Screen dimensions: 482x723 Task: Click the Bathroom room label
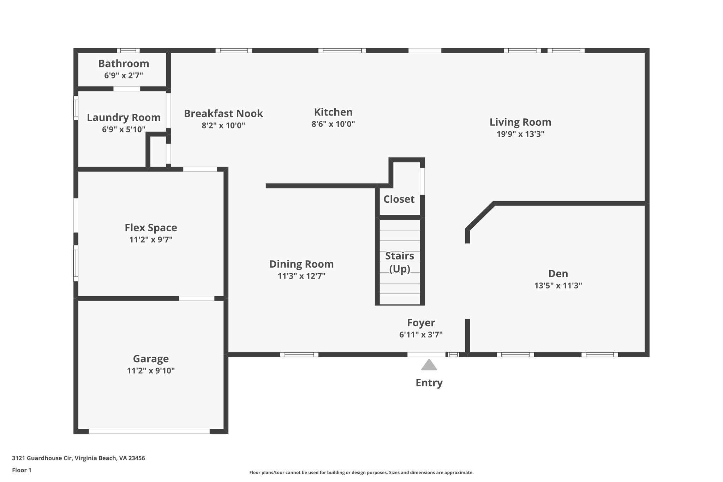click(124, 64)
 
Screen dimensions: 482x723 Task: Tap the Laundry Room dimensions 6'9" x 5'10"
click(124, 130)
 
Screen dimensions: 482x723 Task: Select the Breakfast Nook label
click(223, 114)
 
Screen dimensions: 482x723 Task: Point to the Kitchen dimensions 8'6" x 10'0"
click(333, 124)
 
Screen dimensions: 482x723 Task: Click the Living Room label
click(520, 122)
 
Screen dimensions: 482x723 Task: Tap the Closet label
click(399, 199)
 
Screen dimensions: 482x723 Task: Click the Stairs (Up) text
click(400, 262)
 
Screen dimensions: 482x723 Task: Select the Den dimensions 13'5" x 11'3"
click(558, 286)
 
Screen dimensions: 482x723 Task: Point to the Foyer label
click(421, 323)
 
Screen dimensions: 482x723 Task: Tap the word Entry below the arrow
click(429, 383)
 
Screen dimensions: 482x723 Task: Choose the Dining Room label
click(301, 264)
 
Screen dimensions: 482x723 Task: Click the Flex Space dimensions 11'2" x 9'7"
click(151, 240)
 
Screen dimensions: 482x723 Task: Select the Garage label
click(151, 359)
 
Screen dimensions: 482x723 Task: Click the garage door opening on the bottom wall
click(149, 431)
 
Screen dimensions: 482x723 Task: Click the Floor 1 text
click(22, 470)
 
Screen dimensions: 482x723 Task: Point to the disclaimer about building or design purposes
click(361, 472)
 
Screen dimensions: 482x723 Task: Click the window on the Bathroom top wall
click(128, 50)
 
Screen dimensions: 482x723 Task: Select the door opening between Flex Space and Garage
click(196, 298)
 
